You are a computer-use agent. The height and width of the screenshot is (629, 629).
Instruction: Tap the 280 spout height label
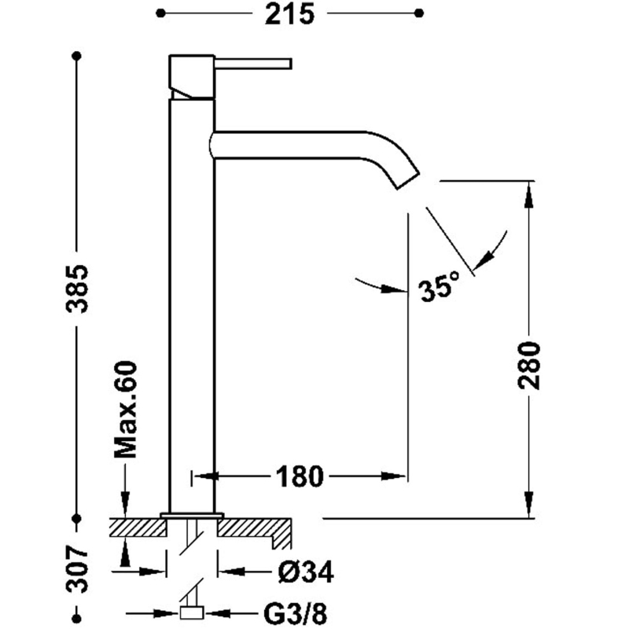pyautogui.click(x=531, y=366)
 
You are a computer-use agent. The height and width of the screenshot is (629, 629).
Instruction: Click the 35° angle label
pyautogui.click(x=438, y=290)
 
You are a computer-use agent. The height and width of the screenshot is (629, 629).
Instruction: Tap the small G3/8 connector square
pyautogui.click(x=192, y=613)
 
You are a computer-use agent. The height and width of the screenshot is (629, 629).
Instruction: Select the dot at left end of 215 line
pyautogui.click(x=160, y=13)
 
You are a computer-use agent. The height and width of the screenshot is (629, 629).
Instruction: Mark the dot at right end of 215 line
pyautogui.click(x=419, y=13)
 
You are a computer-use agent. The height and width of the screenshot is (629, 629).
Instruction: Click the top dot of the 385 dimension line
pyautogui.click(x=77, y=56)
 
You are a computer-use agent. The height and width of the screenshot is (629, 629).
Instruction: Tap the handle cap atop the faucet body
pyautogui.click(x=192, y=76)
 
